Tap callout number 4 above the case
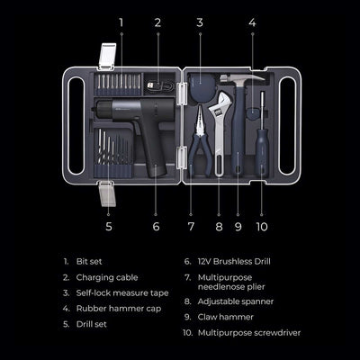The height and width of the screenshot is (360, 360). [252, 21]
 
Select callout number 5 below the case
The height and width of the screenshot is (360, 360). [108, 227]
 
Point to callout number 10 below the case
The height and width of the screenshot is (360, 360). [262, 227]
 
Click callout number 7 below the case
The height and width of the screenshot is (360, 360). [191, 227]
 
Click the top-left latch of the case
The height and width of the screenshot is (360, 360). [106, 58]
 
